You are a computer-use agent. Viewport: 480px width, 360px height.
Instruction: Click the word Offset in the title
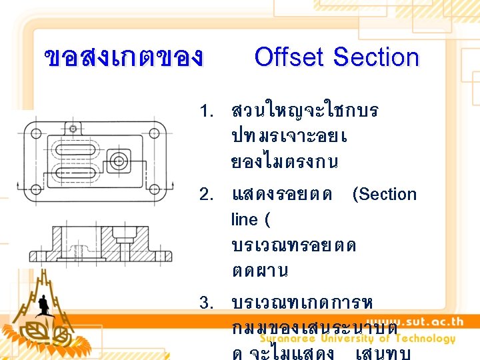[x=291, y=57]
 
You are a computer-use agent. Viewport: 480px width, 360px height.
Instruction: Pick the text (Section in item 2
[x=384, y=195]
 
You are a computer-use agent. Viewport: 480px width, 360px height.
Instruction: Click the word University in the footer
[x=351, y=338]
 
